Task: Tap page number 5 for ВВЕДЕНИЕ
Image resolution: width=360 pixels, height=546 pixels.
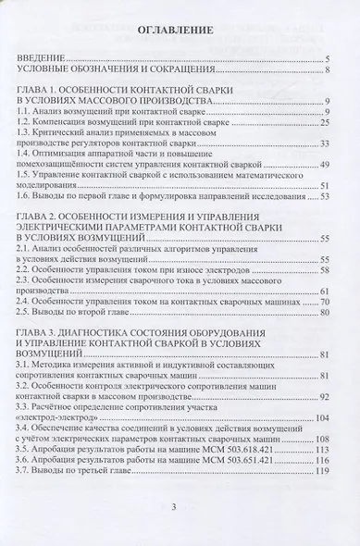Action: [329, 57]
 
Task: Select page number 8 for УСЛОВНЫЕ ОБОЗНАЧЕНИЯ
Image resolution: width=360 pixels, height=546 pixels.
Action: [329, 68]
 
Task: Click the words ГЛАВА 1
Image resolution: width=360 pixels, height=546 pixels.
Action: [40, 90]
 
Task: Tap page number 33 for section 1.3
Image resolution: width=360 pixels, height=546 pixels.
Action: [327, 143]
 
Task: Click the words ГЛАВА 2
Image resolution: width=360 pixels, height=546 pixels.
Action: [40, 217]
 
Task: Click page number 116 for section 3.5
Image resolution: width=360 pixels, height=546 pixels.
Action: [324, 451]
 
